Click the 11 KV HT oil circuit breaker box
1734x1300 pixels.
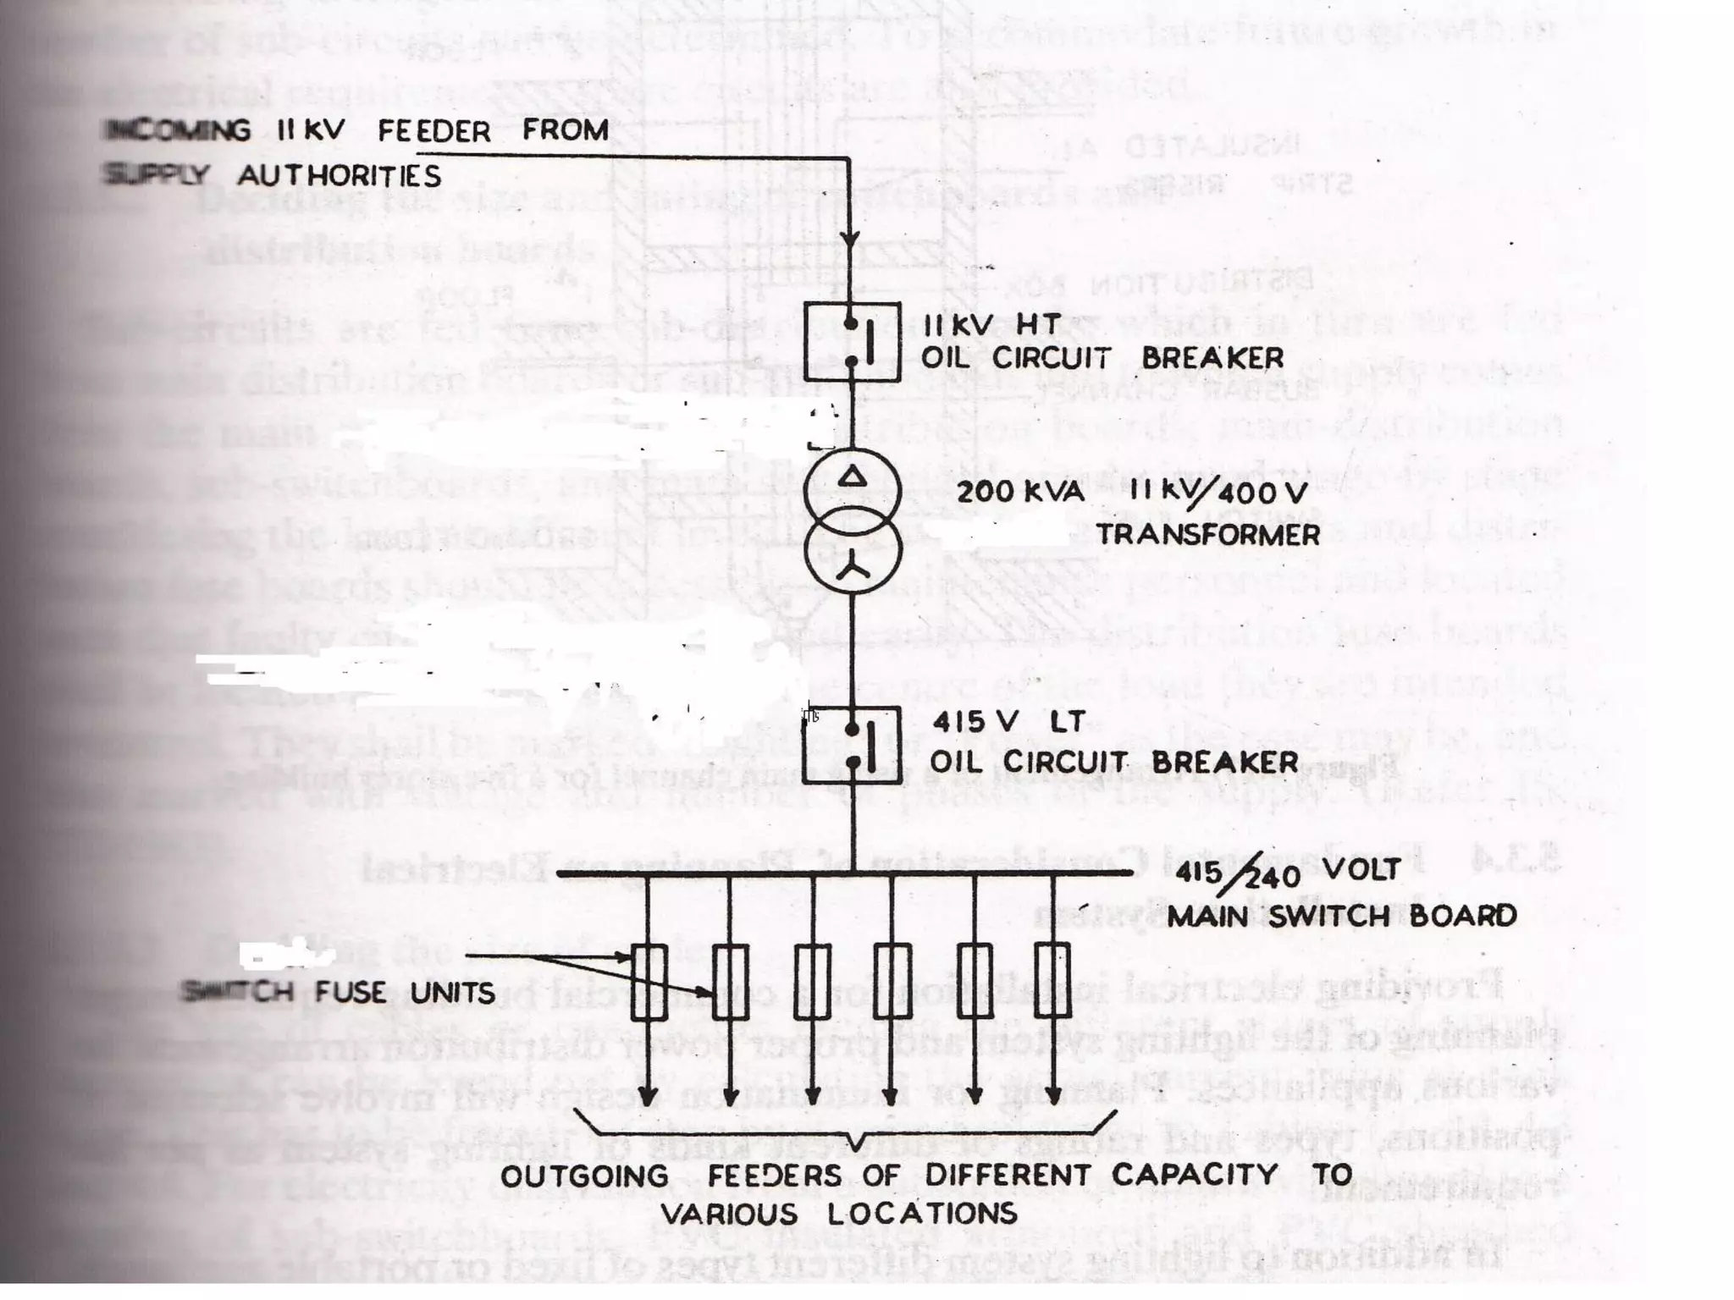point(851,342)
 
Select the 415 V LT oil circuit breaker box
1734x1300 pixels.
point(851,745)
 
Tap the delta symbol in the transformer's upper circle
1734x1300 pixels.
point(853,477)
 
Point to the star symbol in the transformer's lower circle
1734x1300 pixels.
point(853,570)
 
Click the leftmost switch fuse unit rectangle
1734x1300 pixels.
point(649,982)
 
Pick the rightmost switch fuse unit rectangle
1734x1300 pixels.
point(1052,982)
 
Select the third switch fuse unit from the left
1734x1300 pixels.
point(813,982)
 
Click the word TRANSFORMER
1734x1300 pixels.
point(1208,535)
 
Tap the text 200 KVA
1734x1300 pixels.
point(1020,492)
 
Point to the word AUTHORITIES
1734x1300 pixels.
point(339,176)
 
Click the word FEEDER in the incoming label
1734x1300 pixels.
point(433,131)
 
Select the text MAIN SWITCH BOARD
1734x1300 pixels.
point(1341,916)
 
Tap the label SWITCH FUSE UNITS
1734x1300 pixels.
point(339,992)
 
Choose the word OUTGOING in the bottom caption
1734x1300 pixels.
point(584,1176)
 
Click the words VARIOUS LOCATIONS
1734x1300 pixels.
point(838,1215)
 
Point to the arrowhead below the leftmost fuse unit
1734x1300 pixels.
point(648,1095)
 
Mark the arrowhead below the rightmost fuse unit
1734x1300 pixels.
point(1052,1095)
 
